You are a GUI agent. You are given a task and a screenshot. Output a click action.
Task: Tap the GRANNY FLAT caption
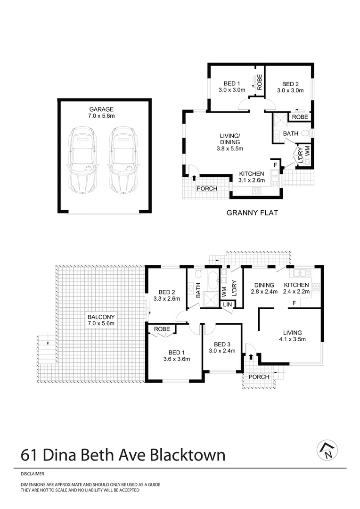(x=252, y=213)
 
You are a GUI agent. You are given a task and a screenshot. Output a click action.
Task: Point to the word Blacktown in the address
(x=187, y=455)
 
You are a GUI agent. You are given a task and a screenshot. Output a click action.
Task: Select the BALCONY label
(x=100, y=317)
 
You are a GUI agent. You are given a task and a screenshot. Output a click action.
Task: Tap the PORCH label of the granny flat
(x=207, y=189)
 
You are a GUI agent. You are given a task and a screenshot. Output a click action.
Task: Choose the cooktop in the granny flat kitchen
(x=258, y=191)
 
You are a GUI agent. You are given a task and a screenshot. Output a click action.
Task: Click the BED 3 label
(x=221, y=344)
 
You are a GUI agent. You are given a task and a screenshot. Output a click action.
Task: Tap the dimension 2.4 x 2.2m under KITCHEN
(x=296, y=292)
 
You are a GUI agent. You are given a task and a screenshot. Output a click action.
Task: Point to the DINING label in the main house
(x=264, y=285)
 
